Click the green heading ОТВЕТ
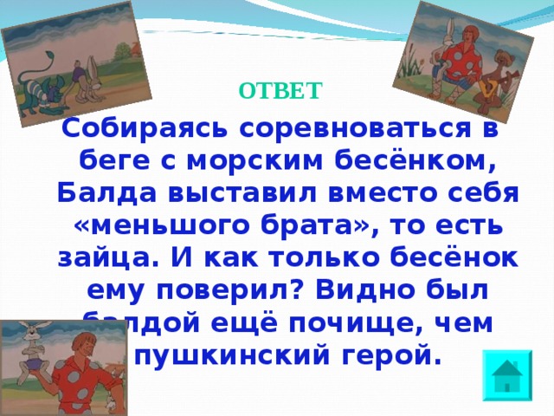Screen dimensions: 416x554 point(280,90)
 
